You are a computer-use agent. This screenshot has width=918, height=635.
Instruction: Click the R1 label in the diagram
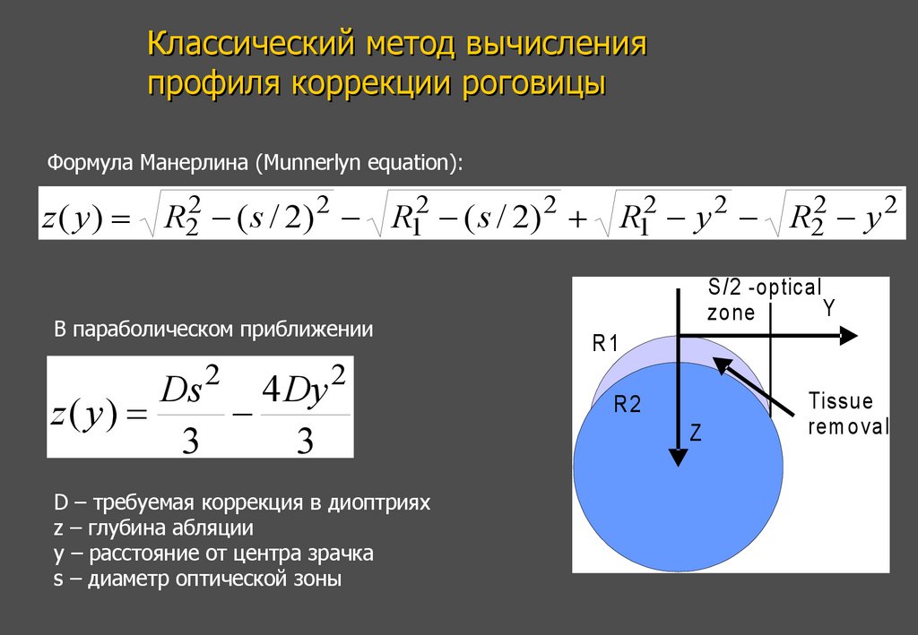click(x=606, y=343)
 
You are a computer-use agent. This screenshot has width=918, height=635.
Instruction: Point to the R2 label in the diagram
click(x=628, y=405)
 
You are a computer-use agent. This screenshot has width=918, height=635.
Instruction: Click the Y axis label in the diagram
click(x=829, y=309)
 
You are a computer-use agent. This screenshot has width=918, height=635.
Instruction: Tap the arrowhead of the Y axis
click(x=847, y=336)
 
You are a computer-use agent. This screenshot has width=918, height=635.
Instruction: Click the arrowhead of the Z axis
click(x=679, y=457)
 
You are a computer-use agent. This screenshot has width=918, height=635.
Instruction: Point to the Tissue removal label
click(x=847, y=413)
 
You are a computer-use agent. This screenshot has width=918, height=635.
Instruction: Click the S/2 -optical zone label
click(x=762, y=300)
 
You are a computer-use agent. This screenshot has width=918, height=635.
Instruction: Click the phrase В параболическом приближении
click(x=213, y=330)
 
